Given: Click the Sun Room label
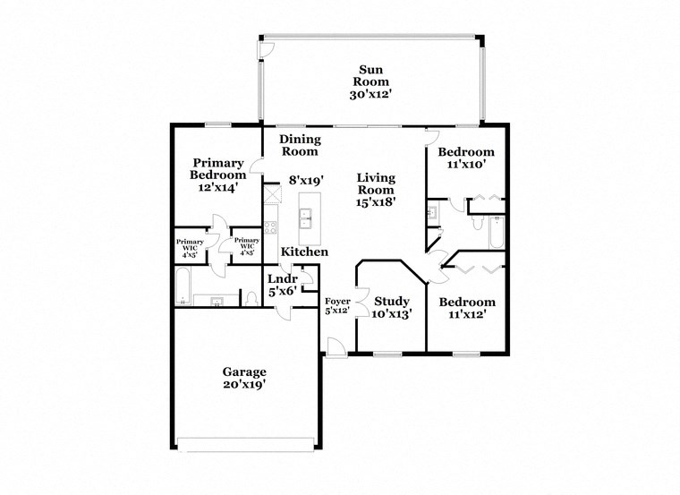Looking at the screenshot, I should [370, 81].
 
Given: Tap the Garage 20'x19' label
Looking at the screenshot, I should [244, 377].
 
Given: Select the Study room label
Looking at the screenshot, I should [392, 307].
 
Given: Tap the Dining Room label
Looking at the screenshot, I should [300, 145].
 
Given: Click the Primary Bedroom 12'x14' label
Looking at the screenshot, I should [217, 175].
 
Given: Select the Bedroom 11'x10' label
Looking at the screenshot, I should [464, 158].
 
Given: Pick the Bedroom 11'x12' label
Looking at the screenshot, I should [464, 308].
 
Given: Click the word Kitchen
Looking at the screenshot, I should [304, 252].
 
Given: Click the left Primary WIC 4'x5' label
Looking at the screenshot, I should [190, 247].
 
